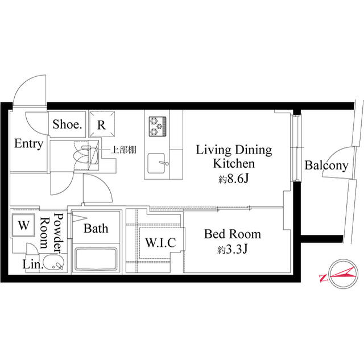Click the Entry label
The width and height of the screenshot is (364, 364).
(29, 144)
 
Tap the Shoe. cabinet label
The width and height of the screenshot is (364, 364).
(67, 124)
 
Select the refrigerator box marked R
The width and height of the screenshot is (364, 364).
(102, 124)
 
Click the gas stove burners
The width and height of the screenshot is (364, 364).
(158, 126)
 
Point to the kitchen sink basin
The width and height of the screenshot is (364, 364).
(156, 163)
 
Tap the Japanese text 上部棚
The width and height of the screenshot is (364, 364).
(124, 150)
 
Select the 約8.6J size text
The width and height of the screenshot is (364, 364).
(234, 179)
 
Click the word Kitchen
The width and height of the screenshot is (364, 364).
(234, 163)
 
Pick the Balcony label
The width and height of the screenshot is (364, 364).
(326, 166)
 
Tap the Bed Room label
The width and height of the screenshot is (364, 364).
(233, 234)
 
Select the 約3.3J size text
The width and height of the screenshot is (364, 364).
(233, 249)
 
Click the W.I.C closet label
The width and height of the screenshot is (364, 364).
(160, 243)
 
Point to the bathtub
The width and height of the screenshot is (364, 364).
(96, 259)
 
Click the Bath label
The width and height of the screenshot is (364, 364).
(96, 229)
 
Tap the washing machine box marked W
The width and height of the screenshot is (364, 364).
(23, 225)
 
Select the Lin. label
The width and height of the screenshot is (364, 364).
(33, 264)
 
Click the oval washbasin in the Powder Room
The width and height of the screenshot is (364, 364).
(54, 263)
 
